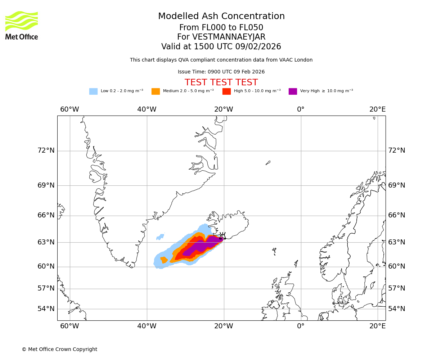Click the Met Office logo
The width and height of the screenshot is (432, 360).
[22, 25]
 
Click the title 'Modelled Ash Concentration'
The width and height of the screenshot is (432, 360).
[221, 17]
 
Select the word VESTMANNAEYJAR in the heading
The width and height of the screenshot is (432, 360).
[229, 37]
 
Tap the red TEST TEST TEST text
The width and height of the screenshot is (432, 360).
[221, 82]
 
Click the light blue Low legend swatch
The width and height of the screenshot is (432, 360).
[93, 91]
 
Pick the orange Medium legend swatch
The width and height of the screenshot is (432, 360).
[156, 91]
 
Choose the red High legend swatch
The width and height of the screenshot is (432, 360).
[226, 91]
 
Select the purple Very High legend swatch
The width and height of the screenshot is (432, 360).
[293, 91]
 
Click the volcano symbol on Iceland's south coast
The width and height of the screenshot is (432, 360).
[222, 236]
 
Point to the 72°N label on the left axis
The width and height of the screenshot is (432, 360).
[46, 150]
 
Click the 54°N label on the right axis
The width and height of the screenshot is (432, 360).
[396, 309]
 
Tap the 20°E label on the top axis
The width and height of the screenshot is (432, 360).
[377, 109]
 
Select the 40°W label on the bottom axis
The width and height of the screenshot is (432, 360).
[147, 326]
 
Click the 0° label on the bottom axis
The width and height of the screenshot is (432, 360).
[301, 326]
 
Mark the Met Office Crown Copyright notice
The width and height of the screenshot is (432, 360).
[59, 349]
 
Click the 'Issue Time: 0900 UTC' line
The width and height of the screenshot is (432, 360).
[221, 72]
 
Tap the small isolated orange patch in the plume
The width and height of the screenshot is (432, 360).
[164, 260]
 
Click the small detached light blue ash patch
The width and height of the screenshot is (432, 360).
[160, 237]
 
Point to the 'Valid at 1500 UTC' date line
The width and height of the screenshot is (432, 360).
[221, 47]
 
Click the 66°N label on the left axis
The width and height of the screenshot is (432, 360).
[46, 215]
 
